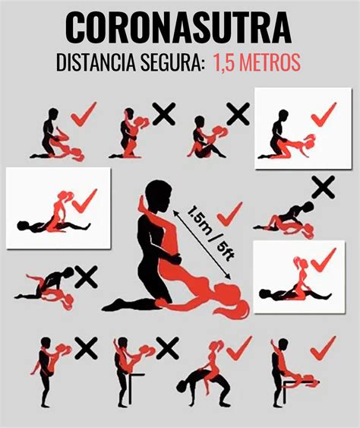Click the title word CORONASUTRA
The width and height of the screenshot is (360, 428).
178,27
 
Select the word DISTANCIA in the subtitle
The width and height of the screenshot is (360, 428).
96,62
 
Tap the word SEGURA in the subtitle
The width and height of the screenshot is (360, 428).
172,62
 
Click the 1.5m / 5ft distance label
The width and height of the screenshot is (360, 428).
211,233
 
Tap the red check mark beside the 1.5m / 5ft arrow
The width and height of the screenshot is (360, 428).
229,214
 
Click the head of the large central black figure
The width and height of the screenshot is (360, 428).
158,195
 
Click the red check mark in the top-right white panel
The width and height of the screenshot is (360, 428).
324,114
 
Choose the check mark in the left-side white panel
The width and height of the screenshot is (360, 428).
84,201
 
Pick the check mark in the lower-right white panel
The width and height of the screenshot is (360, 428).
324,260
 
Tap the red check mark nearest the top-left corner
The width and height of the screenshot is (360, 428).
84,114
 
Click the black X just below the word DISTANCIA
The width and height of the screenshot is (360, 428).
163,114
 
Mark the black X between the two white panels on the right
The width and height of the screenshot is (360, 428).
324,187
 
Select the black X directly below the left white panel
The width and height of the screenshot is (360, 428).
86,277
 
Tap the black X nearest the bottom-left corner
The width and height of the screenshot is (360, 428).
86,348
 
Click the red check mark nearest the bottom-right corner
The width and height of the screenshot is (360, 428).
324,348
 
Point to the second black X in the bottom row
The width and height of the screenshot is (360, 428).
167,348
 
